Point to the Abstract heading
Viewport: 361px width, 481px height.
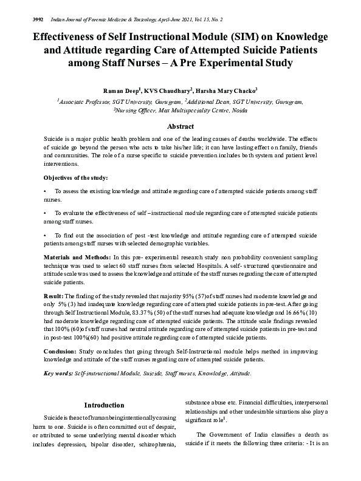[180, 126]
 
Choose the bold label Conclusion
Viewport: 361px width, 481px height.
[62, 352]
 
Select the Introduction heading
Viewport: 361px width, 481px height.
[105, 405]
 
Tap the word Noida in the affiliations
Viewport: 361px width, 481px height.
[239, 111]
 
